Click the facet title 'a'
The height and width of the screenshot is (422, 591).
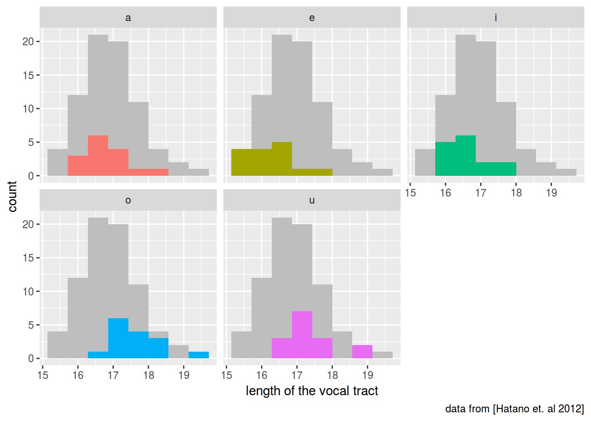point(128,18)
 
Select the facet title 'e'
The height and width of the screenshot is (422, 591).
point(312,18)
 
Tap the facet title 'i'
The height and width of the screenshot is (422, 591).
point(496,18)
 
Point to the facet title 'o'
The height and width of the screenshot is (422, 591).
point(128,200)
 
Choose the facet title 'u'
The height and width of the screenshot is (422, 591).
point(312,200)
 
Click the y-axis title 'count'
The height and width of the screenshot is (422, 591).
point(12,196)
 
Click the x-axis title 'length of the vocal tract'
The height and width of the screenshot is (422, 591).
point(312,391)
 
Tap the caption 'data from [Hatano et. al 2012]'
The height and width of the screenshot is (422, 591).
point(514,409)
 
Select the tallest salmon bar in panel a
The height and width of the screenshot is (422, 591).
point(98,156)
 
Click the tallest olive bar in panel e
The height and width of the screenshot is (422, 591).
point(282,159)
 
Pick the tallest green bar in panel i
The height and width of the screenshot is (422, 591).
point(466,156)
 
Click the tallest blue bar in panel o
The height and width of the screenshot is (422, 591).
point(118,338)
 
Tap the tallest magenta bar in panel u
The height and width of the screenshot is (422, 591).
point(302,335)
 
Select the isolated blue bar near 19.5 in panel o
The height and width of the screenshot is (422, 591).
point(199,355)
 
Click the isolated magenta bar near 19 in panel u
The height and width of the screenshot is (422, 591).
point(362,352)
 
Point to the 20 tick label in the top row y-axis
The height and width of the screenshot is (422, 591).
point(28,42)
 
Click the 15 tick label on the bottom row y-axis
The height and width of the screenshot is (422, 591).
point(28,258)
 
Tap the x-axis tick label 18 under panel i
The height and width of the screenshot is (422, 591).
point(516,193)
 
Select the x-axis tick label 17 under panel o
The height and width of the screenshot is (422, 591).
point(113,375)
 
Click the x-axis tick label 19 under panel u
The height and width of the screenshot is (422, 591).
point(368,375)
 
